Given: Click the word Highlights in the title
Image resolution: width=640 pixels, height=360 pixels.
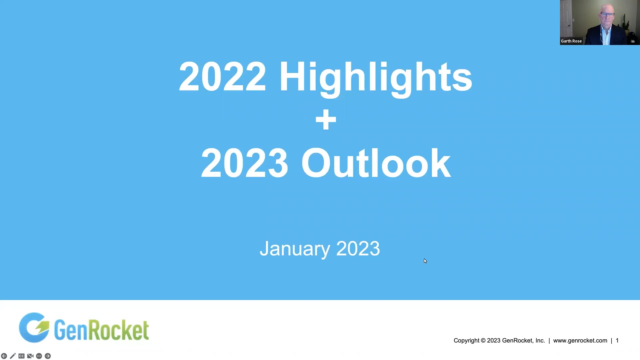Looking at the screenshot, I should [375, 77].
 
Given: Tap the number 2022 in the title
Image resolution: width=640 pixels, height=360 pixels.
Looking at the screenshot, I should [222, 77].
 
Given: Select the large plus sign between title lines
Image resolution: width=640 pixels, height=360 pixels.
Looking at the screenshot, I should [326, 120].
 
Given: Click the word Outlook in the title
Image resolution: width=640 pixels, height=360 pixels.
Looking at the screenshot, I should [376, 163].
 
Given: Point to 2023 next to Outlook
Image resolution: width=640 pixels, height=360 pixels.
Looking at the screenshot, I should [244, 163].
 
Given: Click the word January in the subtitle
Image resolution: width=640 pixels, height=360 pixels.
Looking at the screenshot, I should [295, 249].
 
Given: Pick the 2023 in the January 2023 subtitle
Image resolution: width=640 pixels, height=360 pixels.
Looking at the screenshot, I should [358, 249].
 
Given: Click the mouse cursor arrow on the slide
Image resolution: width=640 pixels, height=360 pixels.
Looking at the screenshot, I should [425, 261].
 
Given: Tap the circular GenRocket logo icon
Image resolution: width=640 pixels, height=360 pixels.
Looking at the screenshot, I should [34, 328].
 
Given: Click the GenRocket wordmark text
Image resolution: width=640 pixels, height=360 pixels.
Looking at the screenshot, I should [101, 330].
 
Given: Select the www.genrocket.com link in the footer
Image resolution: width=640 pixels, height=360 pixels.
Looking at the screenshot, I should [580, 340].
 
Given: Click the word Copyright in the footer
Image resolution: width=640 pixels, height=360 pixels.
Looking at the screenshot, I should [466, 340].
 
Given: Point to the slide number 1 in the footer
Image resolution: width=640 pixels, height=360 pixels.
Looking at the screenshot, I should [617, 340].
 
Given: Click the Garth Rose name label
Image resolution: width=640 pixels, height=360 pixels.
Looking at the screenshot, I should [571, 41].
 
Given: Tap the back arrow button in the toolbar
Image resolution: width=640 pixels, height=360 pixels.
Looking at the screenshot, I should [4, 356].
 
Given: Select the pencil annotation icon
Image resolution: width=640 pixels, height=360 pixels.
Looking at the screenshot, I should [13, 356].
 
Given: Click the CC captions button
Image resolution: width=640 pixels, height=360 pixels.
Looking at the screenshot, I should [21, 356].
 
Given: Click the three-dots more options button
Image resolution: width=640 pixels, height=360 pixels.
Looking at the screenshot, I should [39, 356].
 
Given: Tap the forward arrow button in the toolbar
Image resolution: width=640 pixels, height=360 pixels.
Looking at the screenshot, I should [48, 356].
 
